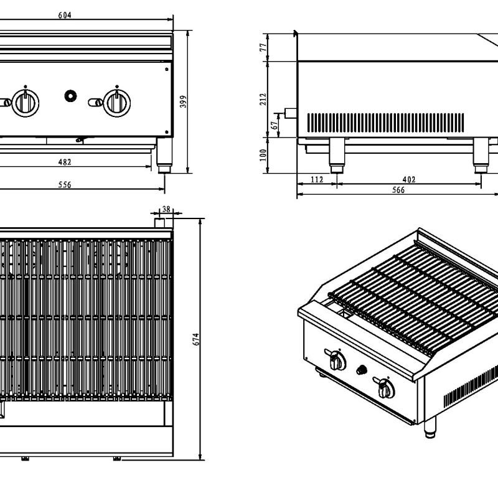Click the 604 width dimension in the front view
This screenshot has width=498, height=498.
tap(64, 16)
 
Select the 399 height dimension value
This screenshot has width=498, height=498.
tap(183, 102)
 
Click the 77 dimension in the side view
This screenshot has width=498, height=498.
tap(264, 47)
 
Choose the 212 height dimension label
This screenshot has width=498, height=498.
tap(264, 100)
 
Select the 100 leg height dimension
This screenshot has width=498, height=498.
tap(264, 154)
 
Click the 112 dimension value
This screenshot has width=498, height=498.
tap(317, 180)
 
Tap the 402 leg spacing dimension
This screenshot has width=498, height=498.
tap(409, 180)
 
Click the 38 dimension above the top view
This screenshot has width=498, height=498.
tap(166, 210)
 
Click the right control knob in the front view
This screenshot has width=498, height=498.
tap(116, 101)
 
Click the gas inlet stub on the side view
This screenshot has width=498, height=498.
tap(289, 113)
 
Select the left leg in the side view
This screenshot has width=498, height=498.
tap(336, 156)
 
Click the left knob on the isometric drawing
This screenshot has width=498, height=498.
tap(336, 360)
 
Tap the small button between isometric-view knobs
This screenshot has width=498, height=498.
tap(360, 370)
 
